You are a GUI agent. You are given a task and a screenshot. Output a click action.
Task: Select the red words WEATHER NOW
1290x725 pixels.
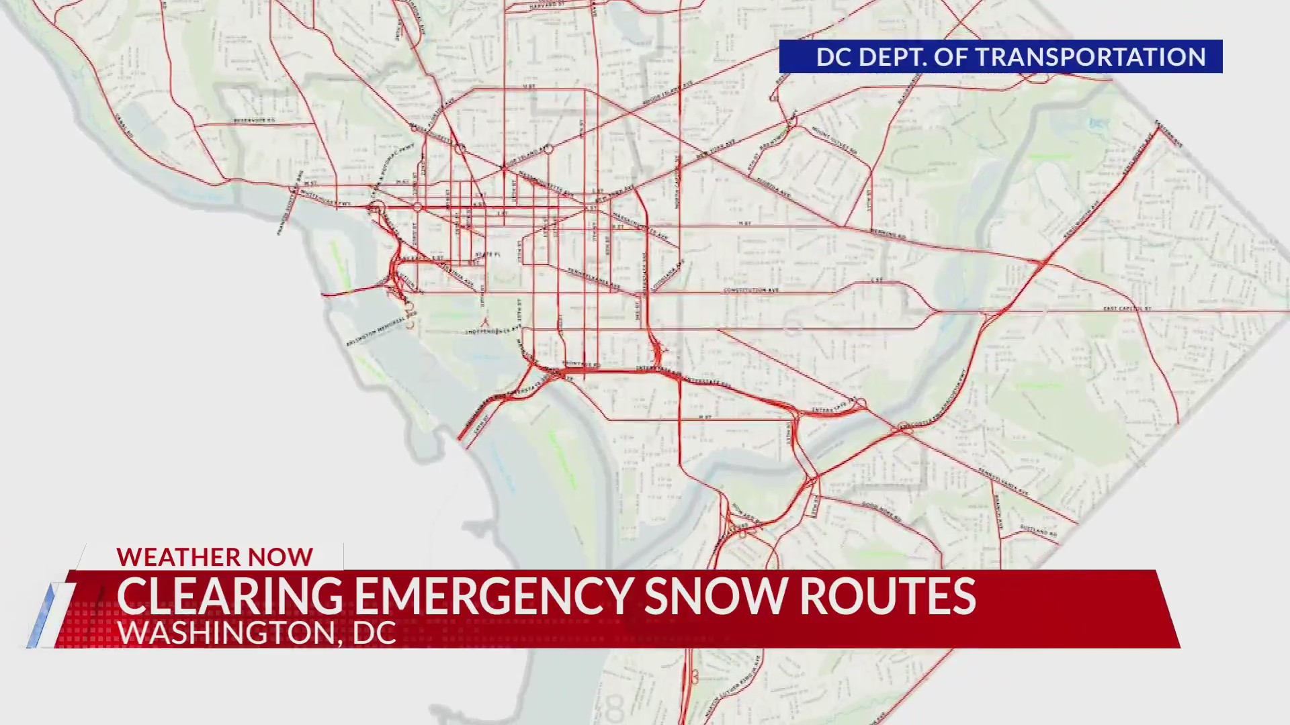(214, 557)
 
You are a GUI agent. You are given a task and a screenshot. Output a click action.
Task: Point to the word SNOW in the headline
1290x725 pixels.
(716, 596)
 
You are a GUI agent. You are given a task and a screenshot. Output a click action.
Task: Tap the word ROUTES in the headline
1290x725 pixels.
(888, 596)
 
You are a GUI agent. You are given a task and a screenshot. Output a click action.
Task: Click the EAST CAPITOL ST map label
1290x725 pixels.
(1127, 308)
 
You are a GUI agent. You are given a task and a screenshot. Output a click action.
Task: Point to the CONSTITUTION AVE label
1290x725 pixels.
(750, 290)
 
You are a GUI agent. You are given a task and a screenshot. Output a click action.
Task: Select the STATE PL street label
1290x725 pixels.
(488, 254)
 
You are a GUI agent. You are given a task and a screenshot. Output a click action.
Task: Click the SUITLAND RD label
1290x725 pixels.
(1038, 530)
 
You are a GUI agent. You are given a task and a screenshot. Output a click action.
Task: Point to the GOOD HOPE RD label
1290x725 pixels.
(881, 512)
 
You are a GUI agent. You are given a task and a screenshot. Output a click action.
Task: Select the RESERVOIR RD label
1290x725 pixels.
(254, 120)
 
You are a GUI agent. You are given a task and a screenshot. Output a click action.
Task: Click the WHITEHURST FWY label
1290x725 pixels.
(325, 198)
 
